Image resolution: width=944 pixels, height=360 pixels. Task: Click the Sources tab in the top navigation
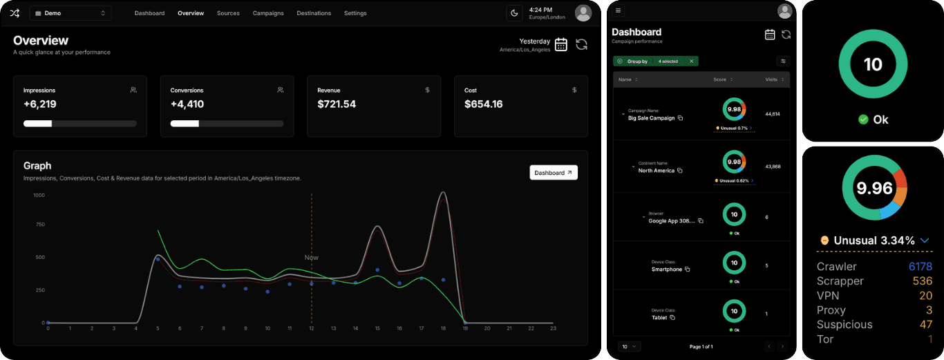228,13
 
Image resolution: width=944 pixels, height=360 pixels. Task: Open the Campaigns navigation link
268,13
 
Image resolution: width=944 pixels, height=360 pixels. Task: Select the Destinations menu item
314,13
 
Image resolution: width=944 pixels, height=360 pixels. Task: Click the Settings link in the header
355,13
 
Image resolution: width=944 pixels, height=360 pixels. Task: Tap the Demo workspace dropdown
70,13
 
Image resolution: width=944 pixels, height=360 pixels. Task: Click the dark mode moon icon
514,13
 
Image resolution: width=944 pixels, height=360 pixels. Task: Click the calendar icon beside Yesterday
561,45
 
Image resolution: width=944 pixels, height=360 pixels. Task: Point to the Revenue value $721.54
337,104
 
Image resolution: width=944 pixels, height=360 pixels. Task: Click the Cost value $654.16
484,104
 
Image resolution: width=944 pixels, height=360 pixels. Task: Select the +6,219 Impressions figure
40,104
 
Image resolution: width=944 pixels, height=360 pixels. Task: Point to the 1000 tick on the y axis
39,196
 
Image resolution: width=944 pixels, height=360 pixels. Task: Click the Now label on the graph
312,258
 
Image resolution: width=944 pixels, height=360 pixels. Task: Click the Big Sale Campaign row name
651,118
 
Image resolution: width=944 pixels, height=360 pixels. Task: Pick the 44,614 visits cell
773,114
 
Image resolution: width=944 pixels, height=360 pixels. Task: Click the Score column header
719,79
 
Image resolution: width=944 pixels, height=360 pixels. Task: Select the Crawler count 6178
921,267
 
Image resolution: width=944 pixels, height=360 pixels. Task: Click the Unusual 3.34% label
874,240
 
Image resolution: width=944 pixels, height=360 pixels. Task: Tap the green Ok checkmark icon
863,120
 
